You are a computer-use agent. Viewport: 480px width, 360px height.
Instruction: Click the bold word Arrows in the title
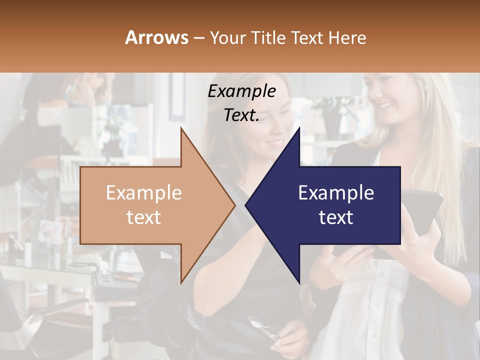click(156, 37)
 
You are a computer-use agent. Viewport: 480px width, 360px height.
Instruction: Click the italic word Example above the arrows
click(242, 91)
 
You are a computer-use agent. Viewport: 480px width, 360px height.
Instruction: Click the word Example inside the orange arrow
click(144, 193)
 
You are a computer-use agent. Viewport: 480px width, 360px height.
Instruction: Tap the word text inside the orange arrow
click(144, 217)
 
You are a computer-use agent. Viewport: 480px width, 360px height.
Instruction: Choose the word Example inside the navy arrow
click(336, 193)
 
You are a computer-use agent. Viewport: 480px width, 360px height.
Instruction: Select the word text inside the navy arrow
click(336, 217)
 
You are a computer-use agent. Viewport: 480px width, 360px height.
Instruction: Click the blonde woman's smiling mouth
click(386, 105)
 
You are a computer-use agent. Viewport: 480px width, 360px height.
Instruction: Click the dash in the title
click(198, 38)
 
